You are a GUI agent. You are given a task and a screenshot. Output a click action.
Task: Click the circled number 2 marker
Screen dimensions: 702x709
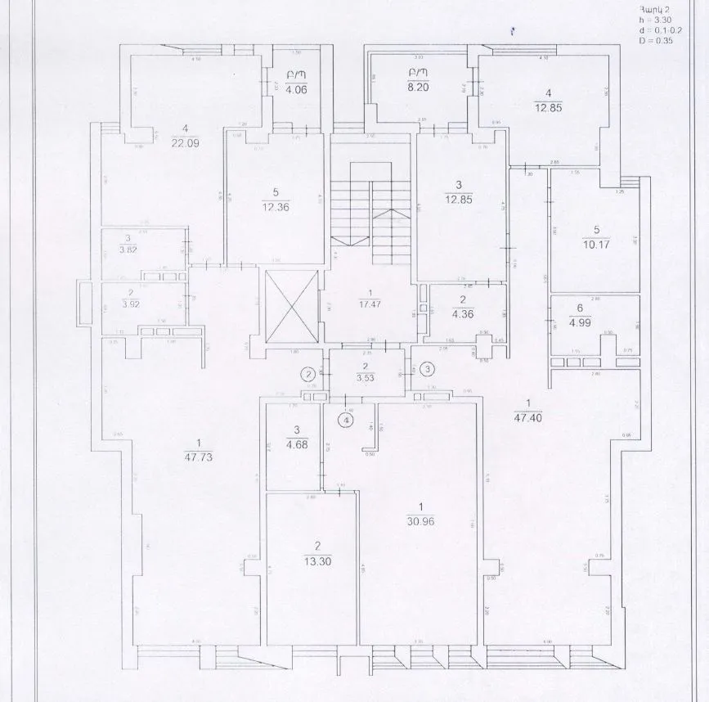click(x=309, y=375)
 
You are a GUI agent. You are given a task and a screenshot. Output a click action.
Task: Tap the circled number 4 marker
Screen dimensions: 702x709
click(x=347, y=420)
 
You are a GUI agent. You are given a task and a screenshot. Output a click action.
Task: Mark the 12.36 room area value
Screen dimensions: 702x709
click(x=276, y=206)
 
